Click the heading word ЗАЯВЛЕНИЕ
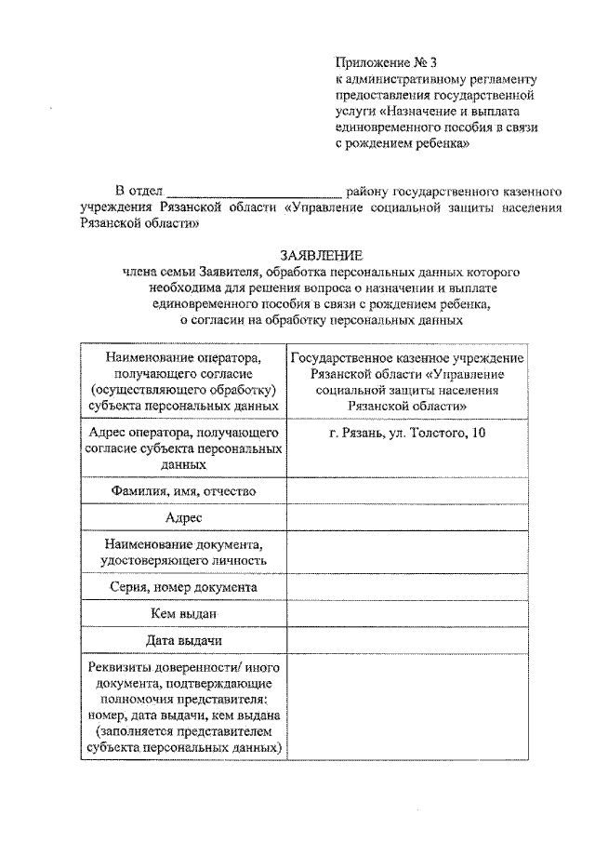[x=322, y=255]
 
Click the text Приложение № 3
[x=386, y=63]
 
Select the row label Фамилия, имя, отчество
[x=183, y=490]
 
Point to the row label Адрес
[x=183, y=517]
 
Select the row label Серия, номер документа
[x=183, y=587]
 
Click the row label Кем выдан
[x=183, y=614]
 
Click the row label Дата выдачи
[x=183, y=641]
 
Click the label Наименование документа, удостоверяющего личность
[x=183, y=552]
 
